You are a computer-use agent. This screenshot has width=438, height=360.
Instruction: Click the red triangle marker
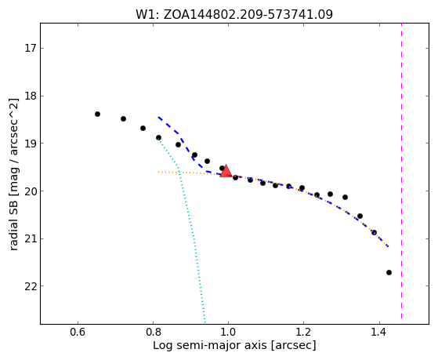tap(226, 171)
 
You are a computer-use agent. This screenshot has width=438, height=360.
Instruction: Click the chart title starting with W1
tap(234, 14)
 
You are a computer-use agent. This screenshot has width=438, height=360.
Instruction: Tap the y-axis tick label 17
tap(31, 49)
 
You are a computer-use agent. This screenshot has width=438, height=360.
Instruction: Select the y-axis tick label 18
tap(31, 96)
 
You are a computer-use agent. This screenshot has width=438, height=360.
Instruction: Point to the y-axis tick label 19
tap(31, 144)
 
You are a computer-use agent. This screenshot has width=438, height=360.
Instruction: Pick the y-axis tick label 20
tap(31, 191)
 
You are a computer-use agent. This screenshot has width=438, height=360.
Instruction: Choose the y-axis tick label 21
tap(31, 238)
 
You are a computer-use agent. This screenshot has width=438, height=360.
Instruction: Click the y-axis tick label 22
tap(31, 286)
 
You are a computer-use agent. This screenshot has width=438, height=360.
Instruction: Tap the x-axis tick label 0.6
tap(78, 332)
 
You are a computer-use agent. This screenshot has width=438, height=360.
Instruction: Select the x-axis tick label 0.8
tap(153, 332)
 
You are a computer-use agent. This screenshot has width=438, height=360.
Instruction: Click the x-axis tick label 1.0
tap(228, 332)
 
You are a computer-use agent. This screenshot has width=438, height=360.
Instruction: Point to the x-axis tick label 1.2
tap(303, 332)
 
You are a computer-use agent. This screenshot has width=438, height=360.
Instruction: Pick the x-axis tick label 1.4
tap(378, 332)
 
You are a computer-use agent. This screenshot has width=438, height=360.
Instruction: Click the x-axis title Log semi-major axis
tap(210, 345)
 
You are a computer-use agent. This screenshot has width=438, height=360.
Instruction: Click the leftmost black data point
tap(97, 115)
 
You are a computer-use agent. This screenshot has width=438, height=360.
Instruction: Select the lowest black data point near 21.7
tap(389, 272)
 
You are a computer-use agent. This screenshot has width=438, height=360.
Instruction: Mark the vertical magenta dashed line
tap(401, 171)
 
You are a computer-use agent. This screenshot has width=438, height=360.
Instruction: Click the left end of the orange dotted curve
tap(158, 172)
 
